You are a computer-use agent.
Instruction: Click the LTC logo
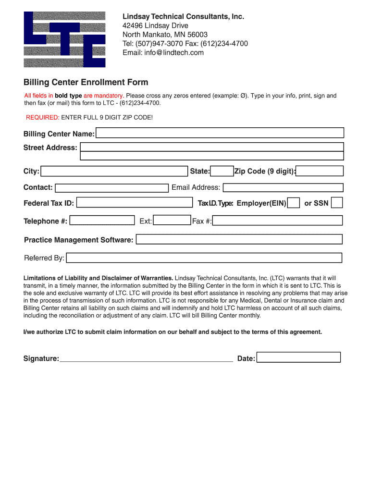(64, 39)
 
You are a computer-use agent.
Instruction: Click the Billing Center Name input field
(220, 133)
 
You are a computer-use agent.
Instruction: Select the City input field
(114, 171)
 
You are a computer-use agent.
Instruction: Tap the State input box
(222, 171)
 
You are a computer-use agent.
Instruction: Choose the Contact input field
(111, 187)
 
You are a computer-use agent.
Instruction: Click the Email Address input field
(283, 187)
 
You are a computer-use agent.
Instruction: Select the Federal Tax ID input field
(134, 203)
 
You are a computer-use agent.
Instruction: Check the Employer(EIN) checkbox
(294, 203)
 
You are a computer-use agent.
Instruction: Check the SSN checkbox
(337, 203)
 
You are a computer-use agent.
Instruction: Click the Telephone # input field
(102, 221)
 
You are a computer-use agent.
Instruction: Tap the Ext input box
(172, 221)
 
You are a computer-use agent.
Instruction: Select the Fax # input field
(277, 221)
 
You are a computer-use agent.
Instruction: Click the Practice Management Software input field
(239, 239)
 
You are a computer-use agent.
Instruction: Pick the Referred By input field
(204, 258)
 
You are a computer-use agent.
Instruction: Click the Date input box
(298, 357)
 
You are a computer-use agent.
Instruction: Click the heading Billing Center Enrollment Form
(86, 82)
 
